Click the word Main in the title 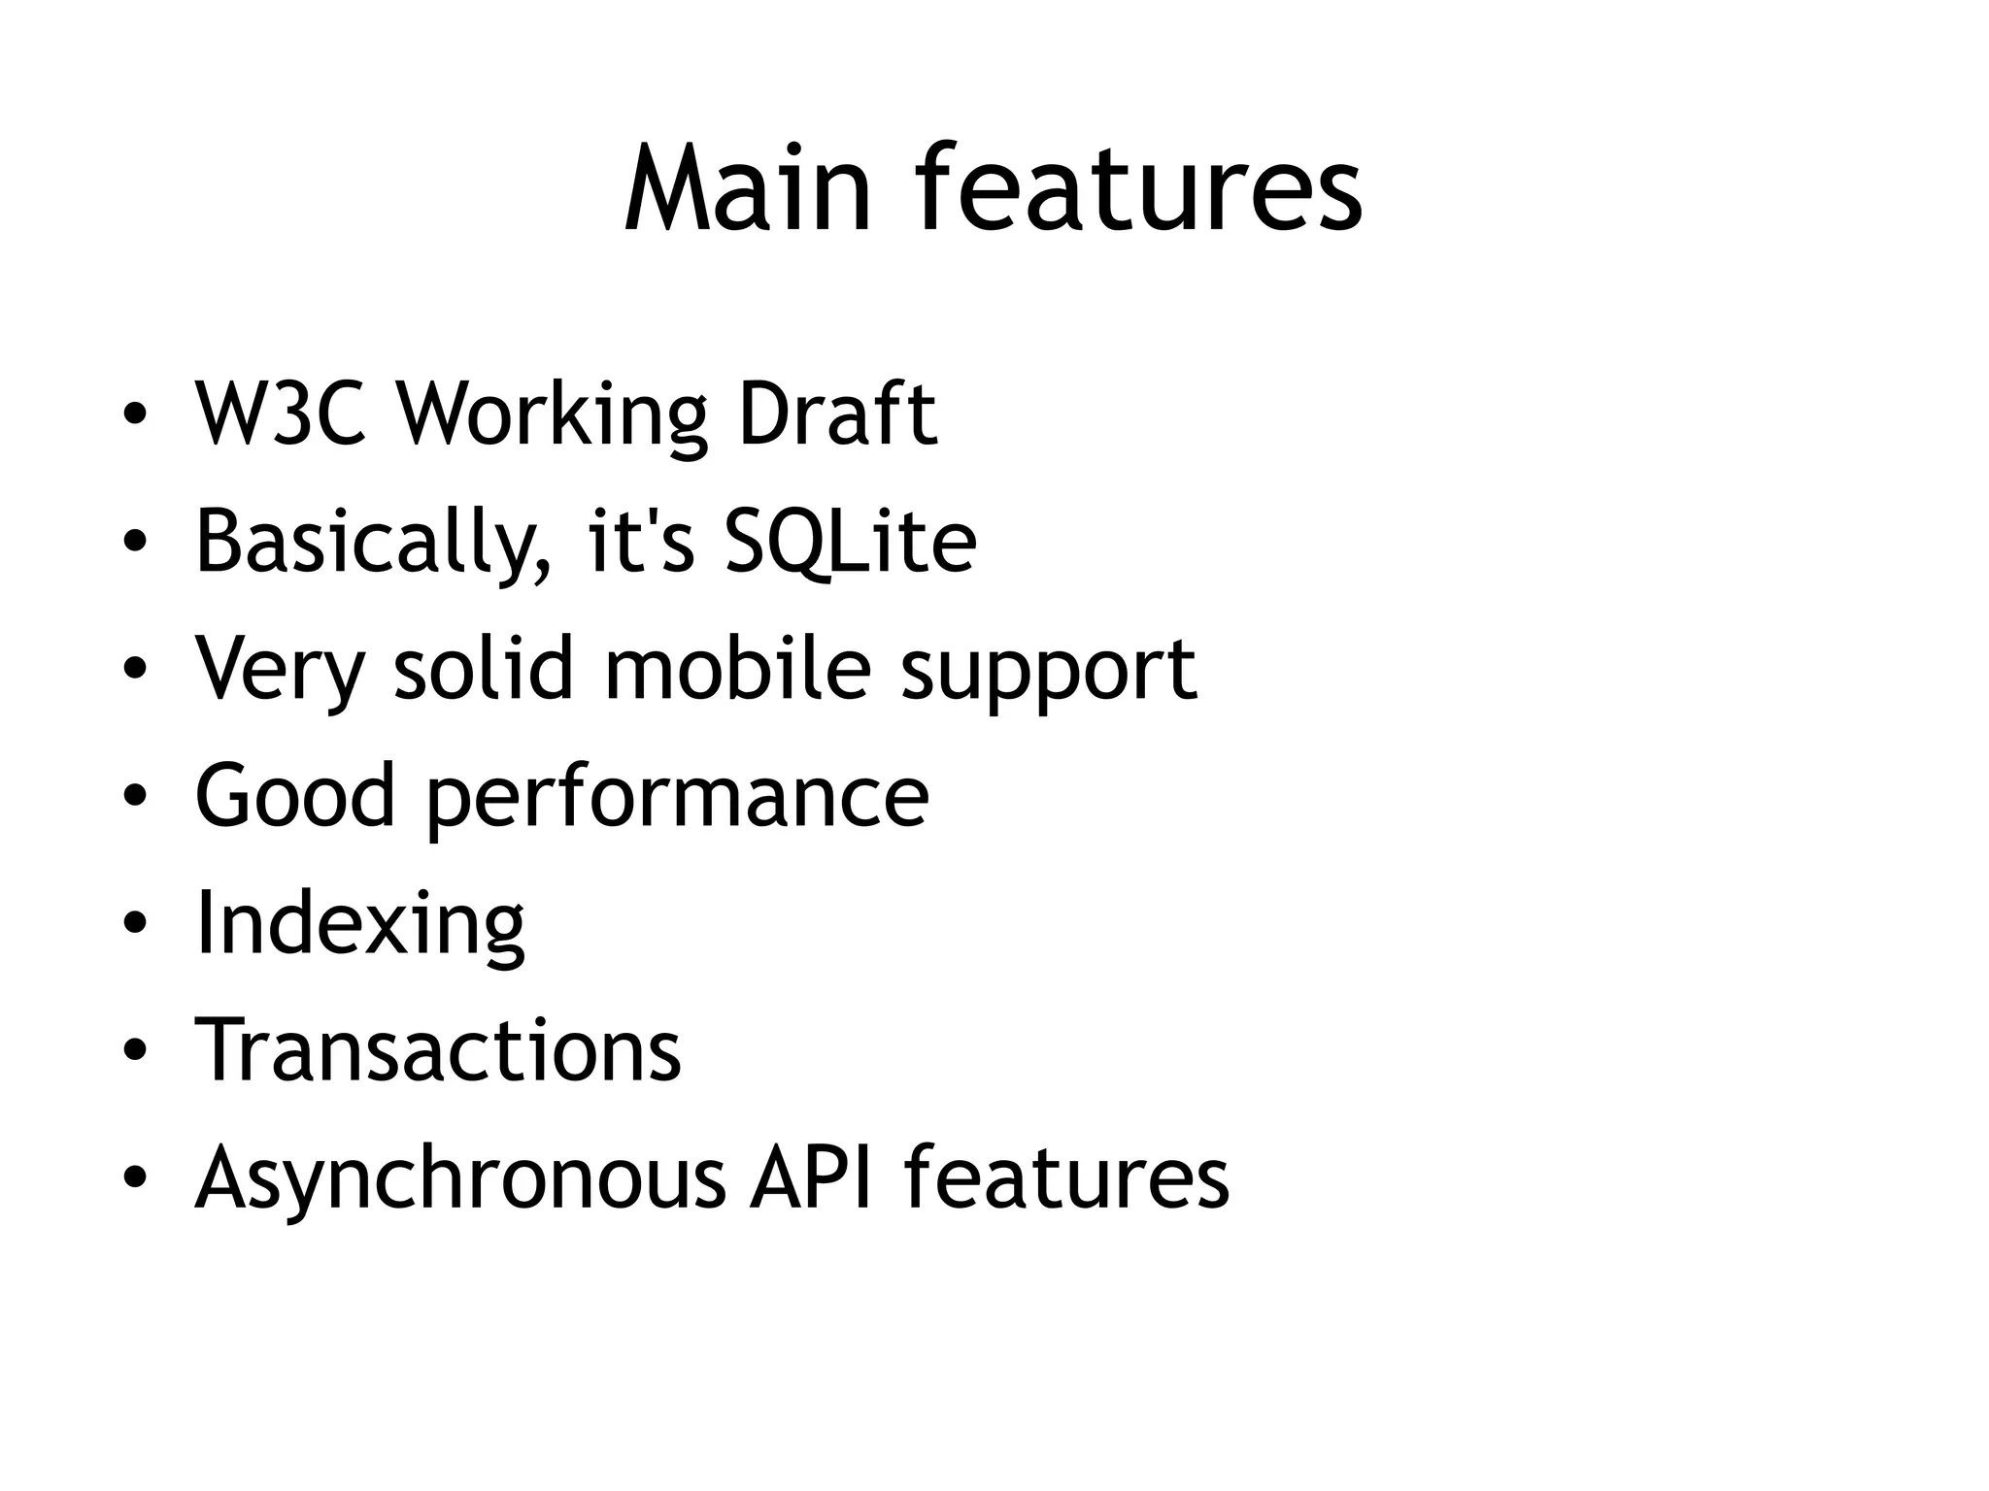(x=747, y=188)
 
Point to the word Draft (x=837, y=414)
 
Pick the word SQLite (x=851, y=542)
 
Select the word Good (x=295, y=796)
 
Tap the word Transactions (x=438, y=1050)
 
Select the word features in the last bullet (x=1066, y=1177)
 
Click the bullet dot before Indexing (x=135, y=923)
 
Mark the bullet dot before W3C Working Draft (x=135, y=414)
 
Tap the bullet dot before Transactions (x=135, y=1050)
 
